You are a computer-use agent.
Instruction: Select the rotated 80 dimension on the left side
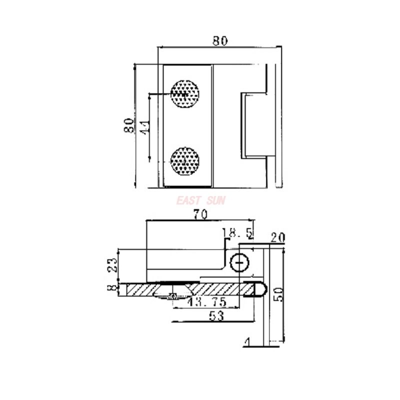(129, 125)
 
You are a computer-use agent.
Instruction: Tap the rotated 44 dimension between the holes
(144, 125)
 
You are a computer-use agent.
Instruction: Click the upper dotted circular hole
(185, 93)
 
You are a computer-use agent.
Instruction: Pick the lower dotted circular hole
(185, 161)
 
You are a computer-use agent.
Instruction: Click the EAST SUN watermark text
(201, 200)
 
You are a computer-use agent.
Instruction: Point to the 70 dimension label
(200, 214)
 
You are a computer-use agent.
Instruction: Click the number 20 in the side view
(277, 237)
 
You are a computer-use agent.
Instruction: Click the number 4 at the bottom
(246, 342)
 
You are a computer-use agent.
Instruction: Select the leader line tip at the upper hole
(185, 93)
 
